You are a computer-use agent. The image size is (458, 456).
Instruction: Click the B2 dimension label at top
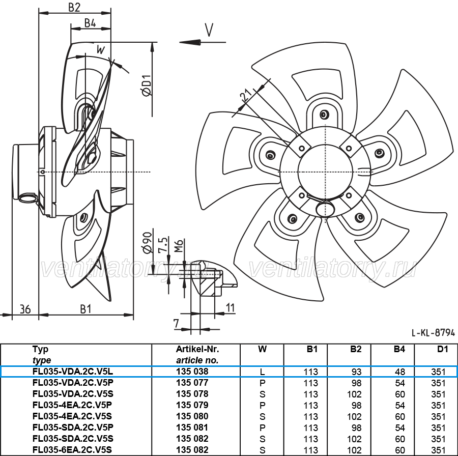(x=74, y=7)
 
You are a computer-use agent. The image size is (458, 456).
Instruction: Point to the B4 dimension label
(x=90, y=23)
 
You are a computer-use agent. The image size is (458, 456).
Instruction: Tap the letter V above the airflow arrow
(x=209, y=30)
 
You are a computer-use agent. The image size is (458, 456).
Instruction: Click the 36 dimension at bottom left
(x=25, y=309)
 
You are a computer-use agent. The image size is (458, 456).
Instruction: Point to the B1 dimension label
(x=85, y=309)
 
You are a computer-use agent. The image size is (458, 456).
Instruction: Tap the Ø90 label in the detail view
(x=147, y=242)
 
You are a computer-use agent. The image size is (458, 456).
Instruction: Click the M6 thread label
(x=179, y=246)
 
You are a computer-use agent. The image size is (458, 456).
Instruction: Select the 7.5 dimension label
(x=163, y=245)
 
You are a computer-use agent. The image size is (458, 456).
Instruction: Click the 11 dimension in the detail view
(x=230, y=307)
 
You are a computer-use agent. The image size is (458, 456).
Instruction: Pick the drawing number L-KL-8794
(x=433, y=332)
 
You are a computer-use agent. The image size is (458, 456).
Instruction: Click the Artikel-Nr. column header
(x=197, y=349)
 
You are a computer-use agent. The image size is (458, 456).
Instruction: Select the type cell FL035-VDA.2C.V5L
(x=73, y=372)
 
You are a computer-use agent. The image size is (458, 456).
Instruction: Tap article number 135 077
(x=192, y=383)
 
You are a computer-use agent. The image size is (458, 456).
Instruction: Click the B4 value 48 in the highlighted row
(x=400, y=372)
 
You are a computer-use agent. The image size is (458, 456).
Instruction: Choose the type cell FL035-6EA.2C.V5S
(x=72, y=450)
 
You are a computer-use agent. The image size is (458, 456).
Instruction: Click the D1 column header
(x=443, y=349)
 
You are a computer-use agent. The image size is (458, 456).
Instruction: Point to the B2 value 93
(x=356, y=372)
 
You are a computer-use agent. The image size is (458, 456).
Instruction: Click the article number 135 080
(x=192, y=416)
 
